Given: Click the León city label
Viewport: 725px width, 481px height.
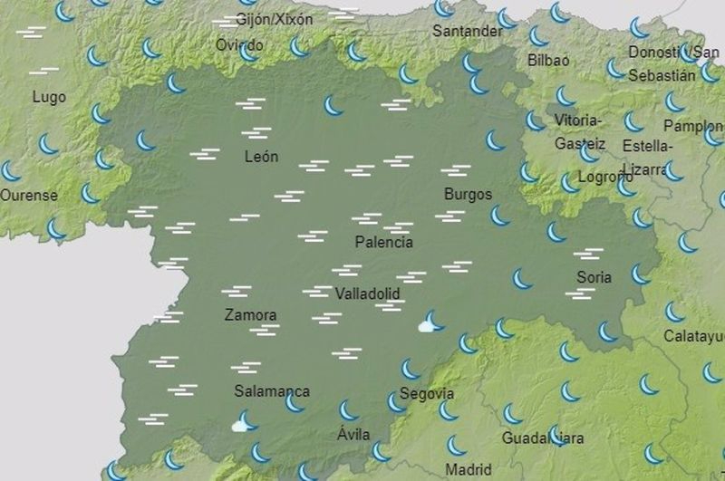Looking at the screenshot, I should [x=261, y=157].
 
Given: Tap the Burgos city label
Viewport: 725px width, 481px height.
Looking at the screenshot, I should [x=468, y=194].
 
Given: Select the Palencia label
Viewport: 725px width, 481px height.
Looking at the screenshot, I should [x=383, y=242].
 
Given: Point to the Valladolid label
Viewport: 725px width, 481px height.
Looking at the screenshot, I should [x=367, y=294].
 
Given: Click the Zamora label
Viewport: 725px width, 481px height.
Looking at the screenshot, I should [x=249, y=315].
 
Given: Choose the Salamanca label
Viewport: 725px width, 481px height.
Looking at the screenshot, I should [x=272, y=391].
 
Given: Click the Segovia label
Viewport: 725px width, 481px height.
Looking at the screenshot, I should [x=427, y=394].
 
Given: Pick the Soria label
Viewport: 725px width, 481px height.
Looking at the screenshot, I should [x=594, y=277].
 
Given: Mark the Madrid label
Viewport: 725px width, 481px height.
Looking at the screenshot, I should [x=469, y=469].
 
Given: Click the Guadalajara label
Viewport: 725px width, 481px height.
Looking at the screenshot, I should [x=543, y=438].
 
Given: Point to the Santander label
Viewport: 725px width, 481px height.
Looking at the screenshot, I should [x=467, y=31].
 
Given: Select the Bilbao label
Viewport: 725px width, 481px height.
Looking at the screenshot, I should [x=548, y=61].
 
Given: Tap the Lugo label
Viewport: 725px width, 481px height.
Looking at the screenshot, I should [x=48, y=96].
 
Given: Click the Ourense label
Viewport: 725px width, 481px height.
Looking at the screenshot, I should [x=29, y=195].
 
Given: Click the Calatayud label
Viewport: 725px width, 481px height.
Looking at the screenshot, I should [x=694, y=336].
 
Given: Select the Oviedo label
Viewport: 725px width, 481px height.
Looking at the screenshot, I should [x=240, y=44].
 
